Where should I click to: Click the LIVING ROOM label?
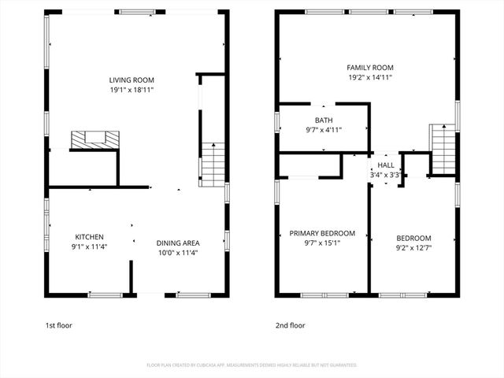(x=132, y=80)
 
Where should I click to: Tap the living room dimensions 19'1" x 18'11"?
(x=132, y=90)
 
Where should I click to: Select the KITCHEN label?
(x=89, y=237)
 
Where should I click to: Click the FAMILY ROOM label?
(x=369, y=68)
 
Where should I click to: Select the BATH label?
(x=324, y=120)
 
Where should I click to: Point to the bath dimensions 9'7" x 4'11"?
(x=324, y=130)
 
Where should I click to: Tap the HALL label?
(x=386, y=165)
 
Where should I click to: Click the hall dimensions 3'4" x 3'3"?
(x=386, y=175)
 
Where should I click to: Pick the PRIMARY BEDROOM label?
(x=322, y=233)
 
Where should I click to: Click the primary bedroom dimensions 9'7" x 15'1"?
(x=322, y=243)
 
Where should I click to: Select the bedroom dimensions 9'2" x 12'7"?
(x=413, y=248)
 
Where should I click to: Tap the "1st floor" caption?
(x=61, y=325)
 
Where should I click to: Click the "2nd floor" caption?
(x=290, y=325)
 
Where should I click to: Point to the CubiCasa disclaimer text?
(x=252, y=365)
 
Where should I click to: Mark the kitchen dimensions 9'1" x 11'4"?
(x=89, y=247)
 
